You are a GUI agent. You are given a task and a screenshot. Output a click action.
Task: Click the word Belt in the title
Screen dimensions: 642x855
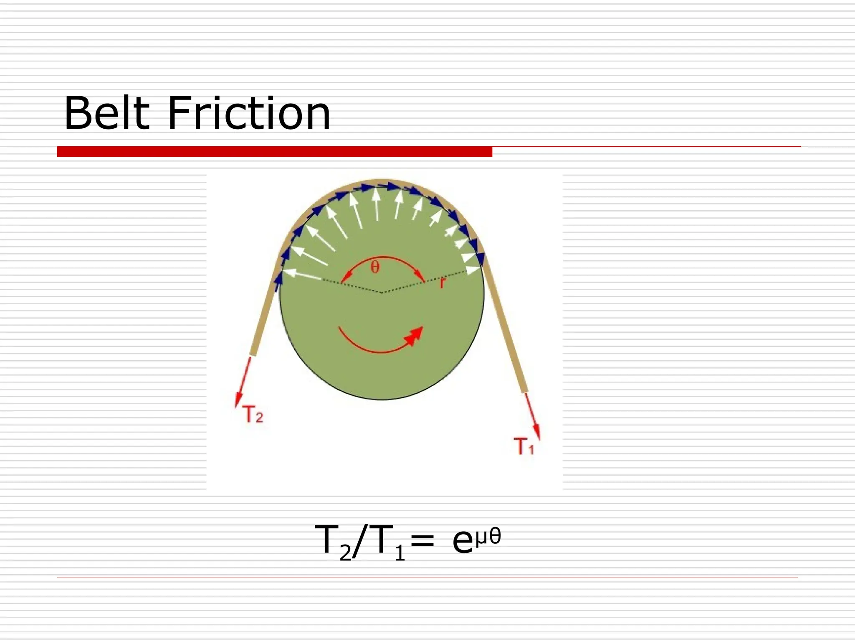point(106,113)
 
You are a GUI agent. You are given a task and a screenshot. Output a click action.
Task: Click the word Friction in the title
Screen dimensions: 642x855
point(249,113)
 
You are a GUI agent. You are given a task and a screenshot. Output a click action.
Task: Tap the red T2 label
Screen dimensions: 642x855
point(253,415)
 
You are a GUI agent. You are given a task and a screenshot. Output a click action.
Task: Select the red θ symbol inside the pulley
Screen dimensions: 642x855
point(375,267)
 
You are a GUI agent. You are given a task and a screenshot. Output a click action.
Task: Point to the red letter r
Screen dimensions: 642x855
point(443,283)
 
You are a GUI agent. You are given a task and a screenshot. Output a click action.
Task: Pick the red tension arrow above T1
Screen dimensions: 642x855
point(533,415)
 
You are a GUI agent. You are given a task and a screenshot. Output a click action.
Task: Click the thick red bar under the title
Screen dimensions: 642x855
point(274,151)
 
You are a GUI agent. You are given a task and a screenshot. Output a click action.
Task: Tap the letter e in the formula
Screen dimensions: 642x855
point(463,542)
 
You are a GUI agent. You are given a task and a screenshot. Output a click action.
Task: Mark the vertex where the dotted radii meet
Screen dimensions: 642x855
point(382,293)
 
